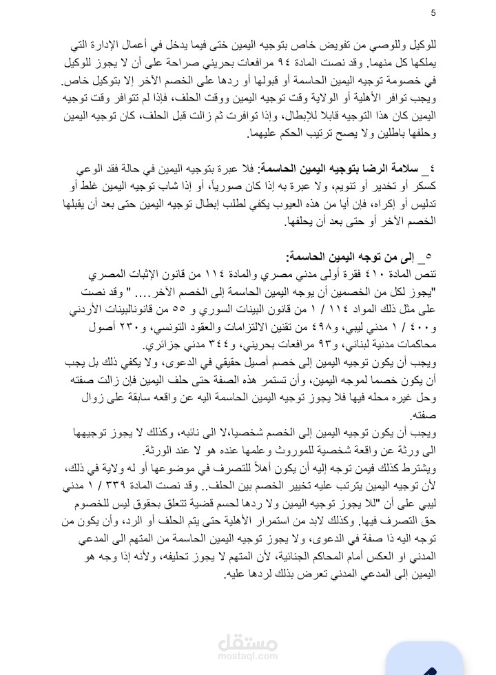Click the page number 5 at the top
tap(433, 13)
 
